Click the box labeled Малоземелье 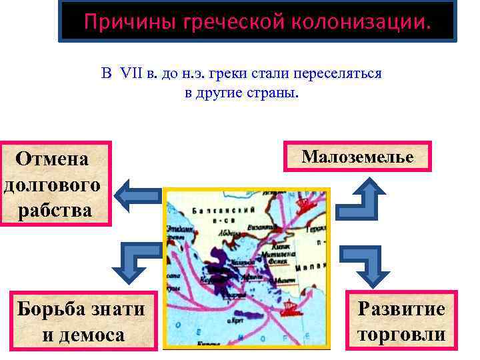[x=357, y=157]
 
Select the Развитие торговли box [x=401, y=321]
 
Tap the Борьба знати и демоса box [x=81, y=321]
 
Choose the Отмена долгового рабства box [x=54, y=184]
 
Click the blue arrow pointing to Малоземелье [x=363, y=196]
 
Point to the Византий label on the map [x=262, y=226]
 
